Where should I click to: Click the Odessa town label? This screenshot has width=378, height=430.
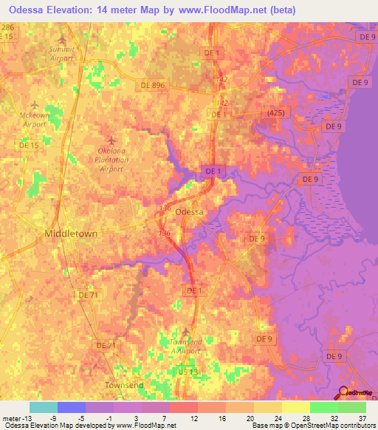[x=190, y=211]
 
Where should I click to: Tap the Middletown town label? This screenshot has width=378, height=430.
[x=72, y=233]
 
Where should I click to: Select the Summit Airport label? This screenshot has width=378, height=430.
[x=62, y=53]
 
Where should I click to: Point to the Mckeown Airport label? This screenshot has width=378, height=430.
[x=35, y=120]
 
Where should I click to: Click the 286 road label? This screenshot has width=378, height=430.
[x=7, y=27]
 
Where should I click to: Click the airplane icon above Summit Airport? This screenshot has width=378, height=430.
[x=62, y=39]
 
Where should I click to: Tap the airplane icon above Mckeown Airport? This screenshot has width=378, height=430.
[x=35, y=106]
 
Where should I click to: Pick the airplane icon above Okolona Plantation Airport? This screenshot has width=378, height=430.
[x=112, y=140]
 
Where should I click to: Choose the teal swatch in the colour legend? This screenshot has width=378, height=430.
[x=43, y=407]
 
